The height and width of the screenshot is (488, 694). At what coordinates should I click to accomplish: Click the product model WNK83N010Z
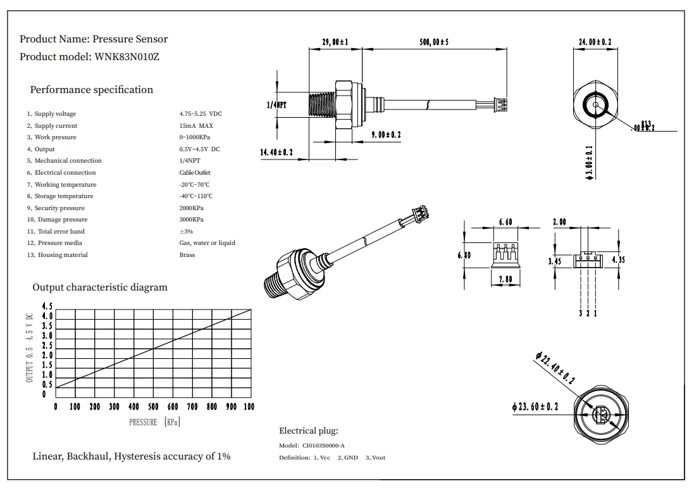coord(127,56)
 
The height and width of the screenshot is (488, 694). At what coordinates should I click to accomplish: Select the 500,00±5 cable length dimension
coord(433,42)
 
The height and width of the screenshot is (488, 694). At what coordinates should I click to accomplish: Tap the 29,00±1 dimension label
coord(335,42)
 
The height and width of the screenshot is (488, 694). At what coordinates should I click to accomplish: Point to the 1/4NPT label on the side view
coord(276,105)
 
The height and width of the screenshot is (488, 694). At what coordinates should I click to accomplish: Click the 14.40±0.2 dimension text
coord(276,152)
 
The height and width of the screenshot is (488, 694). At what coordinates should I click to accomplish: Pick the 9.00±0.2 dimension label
coord(385,135)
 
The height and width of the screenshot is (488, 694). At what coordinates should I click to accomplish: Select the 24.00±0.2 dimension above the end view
coord(595,42)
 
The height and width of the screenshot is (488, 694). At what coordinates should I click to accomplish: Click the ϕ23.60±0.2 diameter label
coord(535,406)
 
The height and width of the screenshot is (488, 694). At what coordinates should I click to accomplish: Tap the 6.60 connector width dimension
coord(505,222)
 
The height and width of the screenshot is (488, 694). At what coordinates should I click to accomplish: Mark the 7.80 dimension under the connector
coord(505,279)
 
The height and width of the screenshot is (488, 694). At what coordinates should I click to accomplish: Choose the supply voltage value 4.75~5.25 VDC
coord(201,114)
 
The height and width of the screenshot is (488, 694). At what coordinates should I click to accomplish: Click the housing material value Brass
coord(187,255)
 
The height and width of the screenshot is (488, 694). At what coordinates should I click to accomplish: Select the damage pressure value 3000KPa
coord(192,220)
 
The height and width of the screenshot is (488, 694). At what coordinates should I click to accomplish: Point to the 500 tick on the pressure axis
coord(153,406)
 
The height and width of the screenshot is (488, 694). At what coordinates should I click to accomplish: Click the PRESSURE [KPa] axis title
coord(154,422)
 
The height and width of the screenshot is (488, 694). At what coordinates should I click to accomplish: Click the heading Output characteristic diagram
coord(100,287)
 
